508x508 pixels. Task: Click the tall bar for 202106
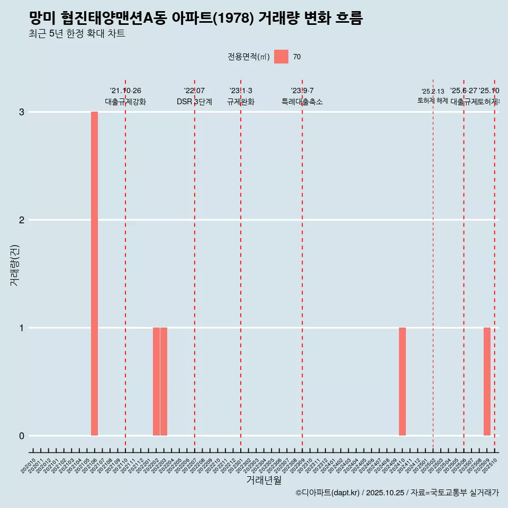tap(94, 274)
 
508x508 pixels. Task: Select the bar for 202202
tap(156, 382)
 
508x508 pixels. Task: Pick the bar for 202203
tap(164, 382)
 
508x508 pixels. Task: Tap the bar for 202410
tap(402, 382)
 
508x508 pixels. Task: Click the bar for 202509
tap(487, 382)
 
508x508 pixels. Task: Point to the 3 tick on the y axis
tap(22, 112)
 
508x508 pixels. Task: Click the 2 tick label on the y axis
tap(22, 220)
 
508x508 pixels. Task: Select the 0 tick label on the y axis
tap(22, 436)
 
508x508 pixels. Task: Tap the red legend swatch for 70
tap(281, 57)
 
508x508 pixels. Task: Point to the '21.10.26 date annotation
tap(125, 91)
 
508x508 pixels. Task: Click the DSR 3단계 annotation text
tap(194, 102)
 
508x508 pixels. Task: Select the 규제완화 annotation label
tap(241, 102)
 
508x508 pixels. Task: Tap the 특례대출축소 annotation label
tap(302, 102)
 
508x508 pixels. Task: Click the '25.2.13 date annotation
tap(433, 92)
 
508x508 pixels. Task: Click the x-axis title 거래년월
tap(264, 480)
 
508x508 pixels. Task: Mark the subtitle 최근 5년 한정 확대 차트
tap(77, 34)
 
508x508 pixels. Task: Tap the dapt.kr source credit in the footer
tap(328, 493)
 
